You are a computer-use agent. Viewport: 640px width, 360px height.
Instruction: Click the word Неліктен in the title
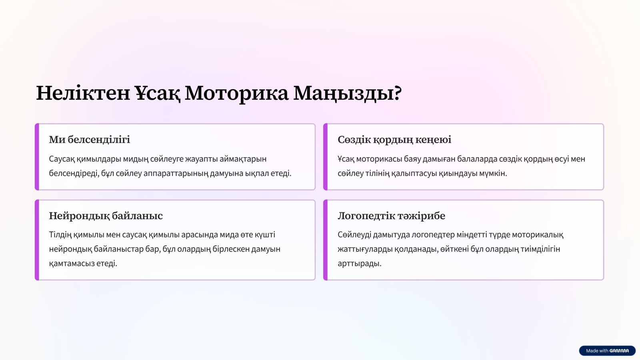83,93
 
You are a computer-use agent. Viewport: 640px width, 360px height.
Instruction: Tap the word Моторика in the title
236,94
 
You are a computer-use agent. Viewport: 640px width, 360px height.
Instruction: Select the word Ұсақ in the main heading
158,94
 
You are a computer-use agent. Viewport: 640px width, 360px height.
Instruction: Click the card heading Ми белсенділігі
90,140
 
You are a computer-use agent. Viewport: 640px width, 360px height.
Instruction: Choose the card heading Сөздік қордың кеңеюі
394,140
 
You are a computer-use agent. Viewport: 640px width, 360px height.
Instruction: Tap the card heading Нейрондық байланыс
106,216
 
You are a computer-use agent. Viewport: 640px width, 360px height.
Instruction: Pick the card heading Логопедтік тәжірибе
392,216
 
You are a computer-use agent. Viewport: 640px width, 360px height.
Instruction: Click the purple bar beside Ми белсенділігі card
37,157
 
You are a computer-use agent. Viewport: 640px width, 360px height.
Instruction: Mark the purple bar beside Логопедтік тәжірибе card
326,240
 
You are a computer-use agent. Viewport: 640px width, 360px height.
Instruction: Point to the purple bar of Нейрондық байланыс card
37,240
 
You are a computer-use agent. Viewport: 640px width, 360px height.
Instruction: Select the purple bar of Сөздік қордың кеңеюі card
326,157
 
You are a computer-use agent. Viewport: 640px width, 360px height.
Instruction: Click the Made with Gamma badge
607,350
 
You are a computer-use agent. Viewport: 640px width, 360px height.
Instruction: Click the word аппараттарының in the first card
176,174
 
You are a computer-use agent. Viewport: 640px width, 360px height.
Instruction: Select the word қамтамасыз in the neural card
72,264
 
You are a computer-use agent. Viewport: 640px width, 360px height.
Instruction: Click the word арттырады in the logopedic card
360,264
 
